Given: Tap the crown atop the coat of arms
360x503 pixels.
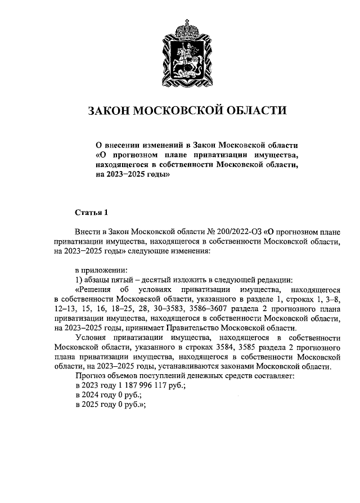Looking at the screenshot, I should tap(186, 25).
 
